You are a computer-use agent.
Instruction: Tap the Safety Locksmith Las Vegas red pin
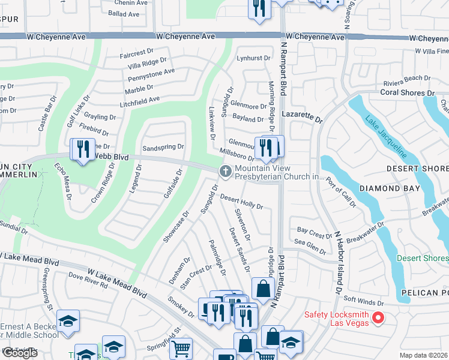(x=378, y=317)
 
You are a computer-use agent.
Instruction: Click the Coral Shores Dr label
(x=407, y=93)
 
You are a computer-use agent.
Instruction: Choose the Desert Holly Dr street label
(x=241, y=202)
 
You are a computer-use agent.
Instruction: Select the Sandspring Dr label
(x=163, y=147)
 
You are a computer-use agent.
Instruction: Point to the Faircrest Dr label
(x=137, y=53)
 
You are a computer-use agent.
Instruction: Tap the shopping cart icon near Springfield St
(x=181, y=347)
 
